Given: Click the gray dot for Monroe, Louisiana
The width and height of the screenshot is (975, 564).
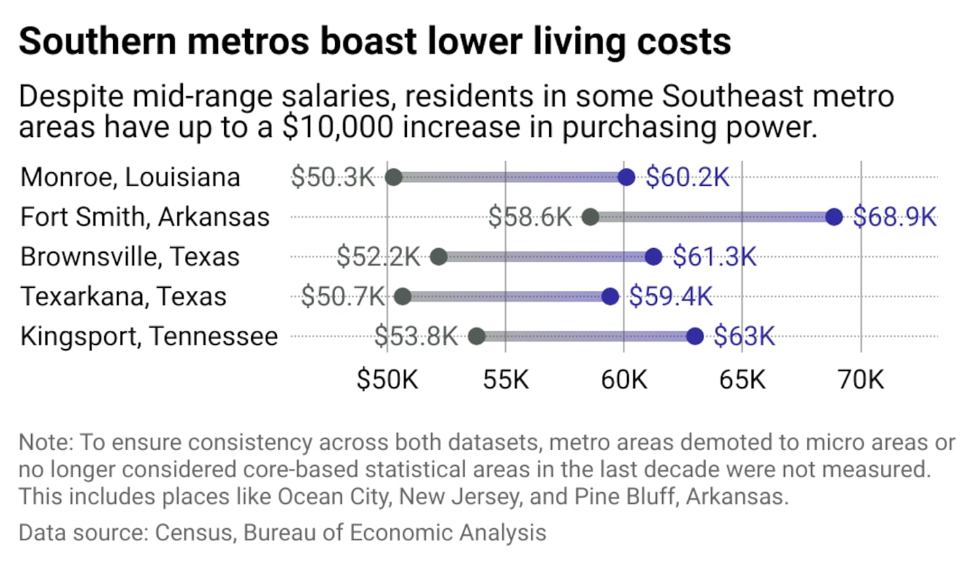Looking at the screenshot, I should pyautogui.click(x=393, y=178).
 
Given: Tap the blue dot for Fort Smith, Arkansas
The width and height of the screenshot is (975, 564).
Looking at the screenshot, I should pyautogui.click(x=833, y=217).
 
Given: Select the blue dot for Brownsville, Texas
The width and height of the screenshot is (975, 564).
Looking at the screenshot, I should pyautogui.click(x=653, y=257).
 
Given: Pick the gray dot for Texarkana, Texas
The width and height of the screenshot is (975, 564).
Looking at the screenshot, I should pyautogui.click(x=403, y=297).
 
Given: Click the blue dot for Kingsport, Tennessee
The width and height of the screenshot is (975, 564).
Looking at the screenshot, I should pyautogui.click(x=695, y=336).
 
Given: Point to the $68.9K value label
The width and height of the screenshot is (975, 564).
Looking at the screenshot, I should pyautogui.click(x=894, y=217).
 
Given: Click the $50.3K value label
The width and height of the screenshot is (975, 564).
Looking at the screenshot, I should pyautogui.click(x=332, y=178).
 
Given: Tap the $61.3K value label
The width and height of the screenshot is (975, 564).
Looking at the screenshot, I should pyautogui.click(x=714, y=257).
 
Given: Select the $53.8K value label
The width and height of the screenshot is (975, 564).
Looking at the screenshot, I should pyautogui.click(x=416, y=336).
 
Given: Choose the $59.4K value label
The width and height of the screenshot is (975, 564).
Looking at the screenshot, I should pyautogui.click(x=670, y=297).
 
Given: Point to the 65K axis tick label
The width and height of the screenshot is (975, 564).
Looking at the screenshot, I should pyautogui.click(x=743, y=380).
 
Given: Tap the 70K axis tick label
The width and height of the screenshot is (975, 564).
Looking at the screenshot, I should pyautogui.click(x=861, y=380).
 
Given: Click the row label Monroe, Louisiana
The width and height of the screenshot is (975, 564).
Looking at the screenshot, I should pyautogui.click(x=130, y=178).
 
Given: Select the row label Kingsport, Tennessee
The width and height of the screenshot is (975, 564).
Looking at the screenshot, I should pyautogui.click(x=149, y=336).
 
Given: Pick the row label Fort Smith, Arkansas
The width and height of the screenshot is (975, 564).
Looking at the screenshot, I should pyautogui.click(x=145, y=217).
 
